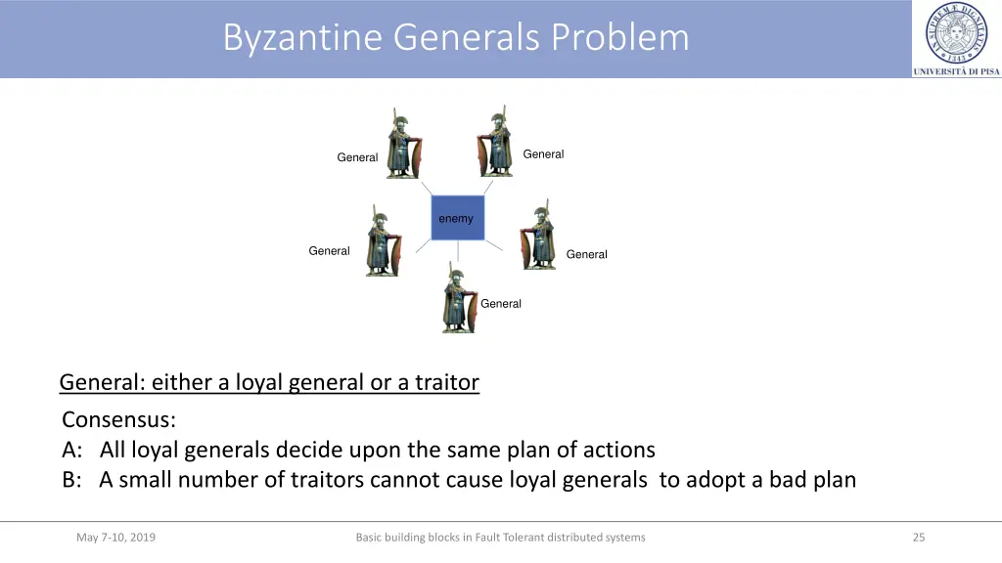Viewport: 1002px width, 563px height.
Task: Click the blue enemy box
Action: click(x=457, y=218)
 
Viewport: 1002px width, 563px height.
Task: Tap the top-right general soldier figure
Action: click(x=497, y=143)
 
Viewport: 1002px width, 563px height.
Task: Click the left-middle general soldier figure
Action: click(x=383, y=241)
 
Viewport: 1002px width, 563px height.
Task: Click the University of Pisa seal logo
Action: click(x=956, y=33)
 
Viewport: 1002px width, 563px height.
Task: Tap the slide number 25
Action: click(x=918, y=537)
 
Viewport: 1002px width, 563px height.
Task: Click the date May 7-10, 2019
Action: click(x=115, y=537)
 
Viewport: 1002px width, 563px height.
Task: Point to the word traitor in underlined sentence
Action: click(x=447, y=382)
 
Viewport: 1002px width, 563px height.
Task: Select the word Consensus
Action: click(x=118, y=420)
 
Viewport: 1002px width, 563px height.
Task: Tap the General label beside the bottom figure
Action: click(x=501, y=304)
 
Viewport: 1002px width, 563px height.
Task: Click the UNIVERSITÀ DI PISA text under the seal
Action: click(x=956, y=71)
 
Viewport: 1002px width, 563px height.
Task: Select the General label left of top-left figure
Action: click(x=357, y=157)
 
